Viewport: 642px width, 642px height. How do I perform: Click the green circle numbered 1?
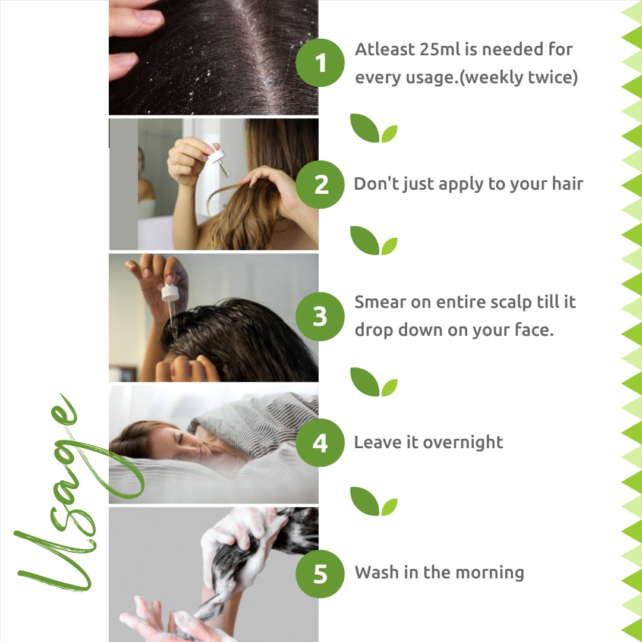point(320,62)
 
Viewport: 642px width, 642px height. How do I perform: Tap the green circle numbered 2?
point(320,185)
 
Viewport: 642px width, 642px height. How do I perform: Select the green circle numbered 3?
point(320,316)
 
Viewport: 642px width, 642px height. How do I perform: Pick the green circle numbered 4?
point(320,443)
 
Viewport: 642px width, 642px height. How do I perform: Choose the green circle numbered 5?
point(320,574)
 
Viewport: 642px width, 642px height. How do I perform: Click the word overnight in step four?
point(462,443)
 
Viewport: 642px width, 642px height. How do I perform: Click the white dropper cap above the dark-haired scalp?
point(170,292)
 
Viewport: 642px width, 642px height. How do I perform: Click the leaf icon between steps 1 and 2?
point(373,128)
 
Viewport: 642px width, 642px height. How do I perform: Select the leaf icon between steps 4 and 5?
point(373,501)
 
